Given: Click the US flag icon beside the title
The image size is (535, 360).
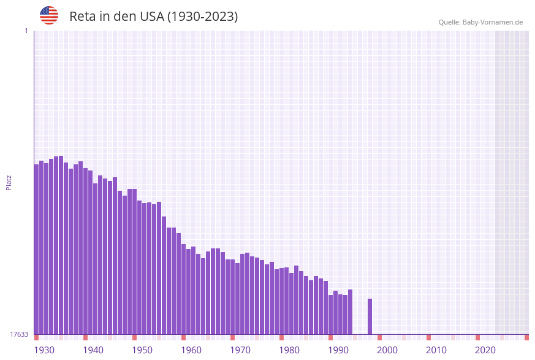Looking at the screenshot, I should click(49, 15).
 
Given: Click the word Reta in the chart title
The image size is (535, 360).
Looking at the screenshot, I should click(82, 17).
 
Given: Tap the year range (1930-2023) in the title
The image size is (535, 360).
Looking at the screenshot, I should click(203, 17).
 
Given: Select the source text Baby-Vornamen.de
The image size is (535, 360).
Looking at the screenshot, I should click(493, 22).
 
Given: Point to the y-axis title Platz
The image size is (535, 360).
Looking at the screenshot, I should click(9, 182).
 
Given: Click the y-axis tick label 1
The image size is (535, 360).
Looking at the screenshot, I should click(26, 31).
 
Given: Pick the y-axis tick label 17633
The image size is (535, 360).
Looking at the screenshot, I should click(19, 334).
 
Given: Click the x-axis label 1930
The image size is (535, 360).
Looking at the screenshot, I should click(44, 350).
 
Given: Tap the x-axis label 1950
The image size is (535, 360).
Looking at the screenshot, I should click(142, 350).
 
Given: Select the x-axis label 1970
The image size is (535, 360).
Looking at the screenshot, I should click(240, 350).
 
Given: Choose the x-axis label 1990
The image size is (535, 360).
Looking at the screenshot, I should click(338, 350).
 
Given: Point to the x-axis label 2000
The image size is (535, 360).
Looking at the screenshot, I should click(387, 350).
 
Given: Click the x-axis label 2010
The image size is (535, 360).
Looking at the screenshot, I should click(436, 350).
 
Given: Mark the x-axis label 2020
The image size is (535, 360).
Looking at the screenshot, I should click(485, 350).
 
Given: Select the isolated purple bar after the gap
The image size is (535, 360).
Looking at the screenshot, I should click(370, 316).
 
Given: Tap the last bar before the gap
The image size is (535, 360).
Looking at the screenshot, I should click(350, 312).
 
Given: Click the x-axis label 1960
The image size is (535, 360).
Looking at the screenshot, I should click(191, 350).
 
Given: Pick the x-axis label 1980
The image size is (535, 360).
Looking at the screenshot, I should click(289, 350).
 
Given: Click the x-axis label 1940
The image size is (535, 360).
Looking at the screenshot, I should click(93, 350).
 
